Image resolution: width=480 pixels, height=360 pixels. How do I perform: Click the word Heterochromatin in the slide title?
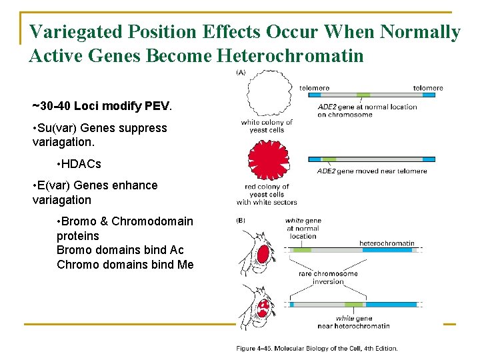[291, 55]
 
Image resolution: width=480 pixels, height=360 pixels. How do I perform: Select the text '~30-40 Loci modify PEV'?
[101, 105]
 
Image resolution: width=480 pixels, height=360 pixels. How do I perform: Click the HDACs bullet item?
[79, 163]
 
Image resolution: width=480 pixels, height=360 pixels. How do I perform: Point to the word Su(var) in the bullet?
[58, 127]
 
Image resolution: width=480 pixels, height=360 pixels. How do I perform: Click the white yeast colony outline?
[269, 94]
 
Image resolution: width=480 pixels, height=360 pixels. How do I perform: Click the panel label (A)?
[241, 73]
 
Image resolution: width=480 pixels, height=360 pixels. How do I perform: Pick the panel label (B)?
[241, 221]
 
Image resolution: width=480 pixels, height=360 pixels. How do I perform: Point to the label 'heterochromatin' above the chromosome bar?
[387, 243]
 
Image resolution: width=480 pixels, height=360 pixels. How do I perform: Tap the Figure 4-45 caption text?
[317, 348]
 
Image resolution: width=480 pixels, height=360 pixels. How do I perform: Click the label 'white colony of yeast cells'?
[267, 126]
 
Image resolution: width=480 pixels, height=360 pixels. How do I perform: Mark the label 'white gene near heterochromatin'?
[363, 322]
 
